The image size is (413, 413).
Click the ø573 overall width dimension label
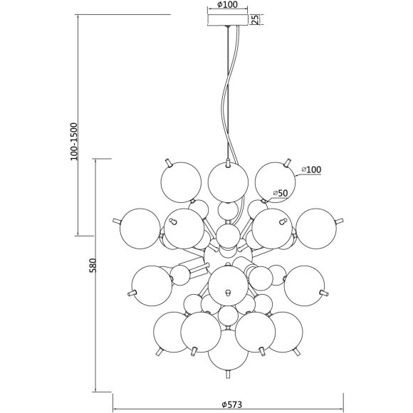(232, 404)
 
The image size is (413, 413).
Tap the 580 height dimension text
(93, 265)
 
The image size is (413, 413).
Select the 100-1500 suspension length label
(74, 142)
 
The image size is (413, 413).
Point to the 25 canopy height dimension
(255, 19)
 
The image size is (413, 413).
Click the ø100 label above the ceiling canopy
(227, 4)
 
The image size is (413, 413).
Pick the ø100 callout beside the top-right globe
(311, 169)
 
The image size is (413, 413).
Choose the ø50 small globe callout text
(281, 193)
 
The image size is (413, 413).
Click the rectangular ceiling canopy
(228, 20)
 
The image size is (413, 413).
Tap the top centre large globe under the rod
(228, 182)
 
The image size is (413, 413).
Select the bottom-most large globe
(228, 350)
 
